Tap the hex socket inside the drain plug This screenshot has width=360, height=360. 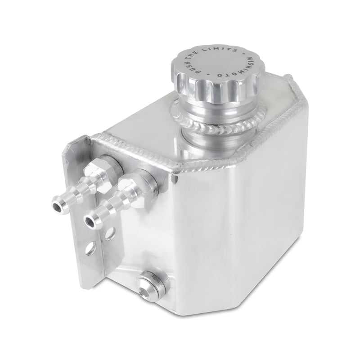(144, 284)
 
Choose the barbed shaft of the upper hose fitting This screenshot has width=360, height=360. (74, 193)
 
